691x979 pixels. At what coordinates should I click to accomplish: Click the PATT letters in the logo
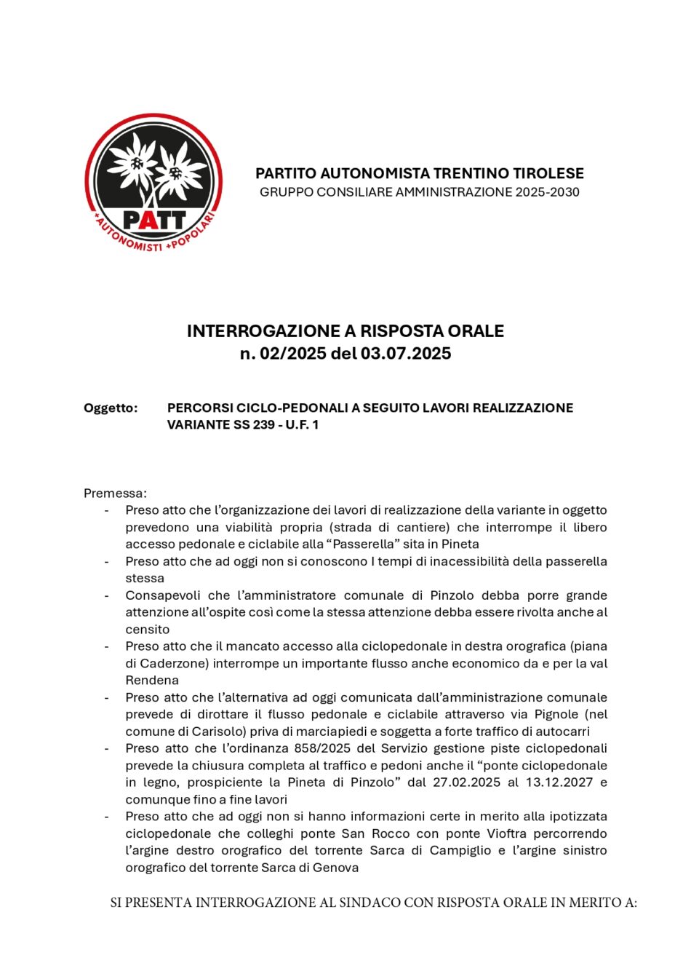pyautogui.click(x=153, y=218)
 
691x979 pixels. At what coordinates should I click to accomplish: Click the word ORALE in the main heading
pyautogui.click(x=476, y=331)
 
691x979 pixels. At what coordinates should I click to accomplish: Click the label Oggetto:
pyautogui.click(x=111, y=408)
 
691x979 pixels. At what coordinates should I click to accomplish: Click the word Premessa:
pyautogui.click(x=115, y=493)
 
